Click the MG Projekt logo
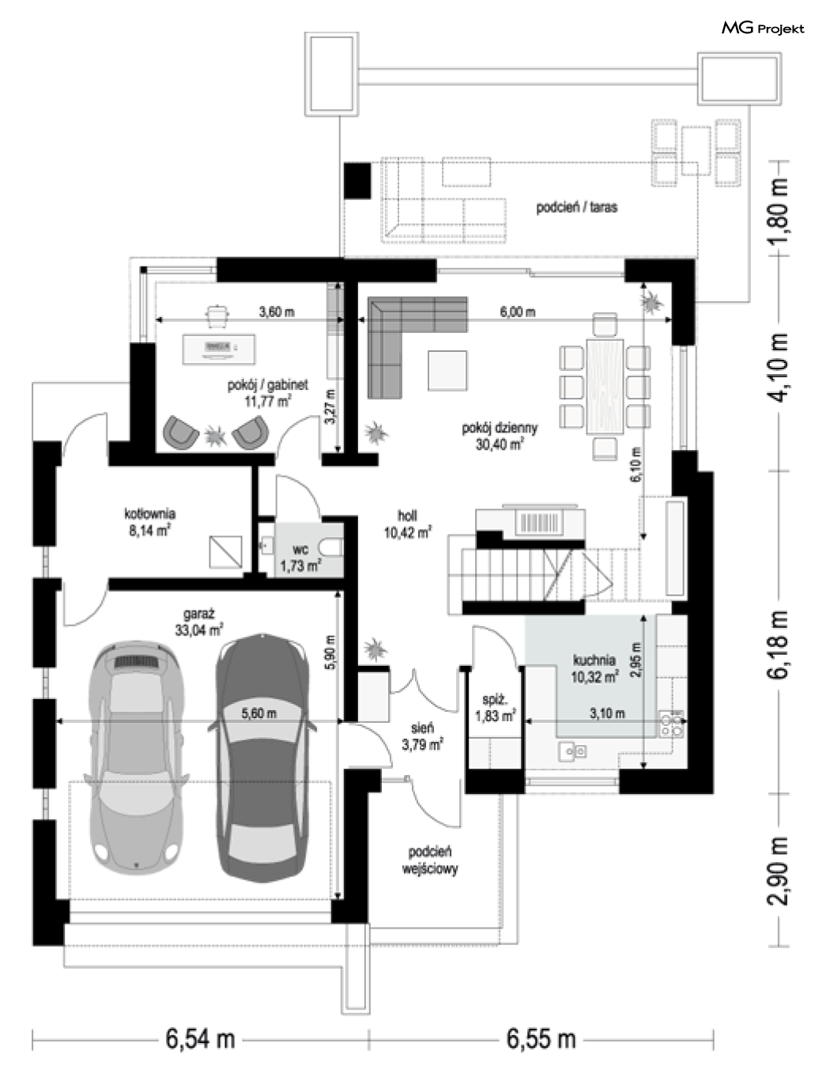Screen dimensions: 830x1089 (x=763, y=28)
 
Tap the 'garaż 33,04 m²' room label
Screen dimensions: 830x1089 (x=199, y=622)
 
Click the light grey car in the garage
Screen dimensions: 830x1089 (x=136, y=758)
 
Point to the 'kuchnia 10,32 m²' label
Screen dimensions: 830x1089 (x=594, y=668)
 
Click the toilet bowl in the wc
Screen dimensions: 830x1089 (x=331, y=548)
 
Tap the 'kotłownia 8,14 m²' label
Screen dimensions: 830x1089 (x=149, y=522)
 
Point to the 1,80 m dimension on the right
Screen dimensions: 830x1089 (x=777, y=209)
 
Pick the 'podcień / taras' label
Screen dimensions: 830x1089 (x=576, y=207)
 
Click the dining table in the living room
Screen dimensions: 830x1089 (x=605, y=387)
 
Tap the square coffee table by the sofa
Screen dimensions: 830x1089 (x=447, y=370)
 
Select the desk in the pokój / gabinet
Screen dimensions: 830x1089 (x=219, y=350)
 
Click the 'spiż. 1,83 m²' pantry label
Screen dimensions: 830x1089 (x=495, y=708)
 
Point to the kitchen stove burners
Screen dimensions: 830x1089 (x=671, y=724)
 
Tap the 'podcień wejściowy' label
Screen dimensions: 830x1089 (x=429, y=860)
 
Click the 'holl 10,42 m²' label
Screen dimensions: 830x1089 (x=407, y=524)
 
